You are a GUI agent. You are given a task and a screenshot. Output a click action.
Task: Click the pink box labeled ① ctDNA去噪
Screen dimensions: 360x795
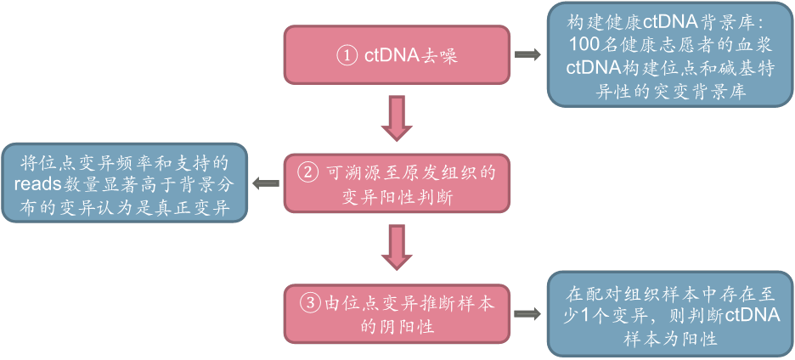397,55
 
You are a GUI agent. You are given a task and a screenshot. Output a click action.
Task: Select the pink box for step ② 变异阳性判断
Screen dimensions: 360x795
397,183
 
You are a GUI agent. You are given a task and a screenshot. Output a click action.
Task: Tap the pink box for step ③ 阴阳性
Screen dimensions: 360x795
397,313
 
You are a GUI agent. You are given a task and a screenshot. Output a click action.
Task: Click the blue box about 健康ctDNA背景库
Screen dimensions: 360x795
670,55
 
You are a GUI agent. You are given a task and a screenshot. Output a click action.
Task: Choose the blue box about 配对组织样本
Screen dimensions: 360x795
670,313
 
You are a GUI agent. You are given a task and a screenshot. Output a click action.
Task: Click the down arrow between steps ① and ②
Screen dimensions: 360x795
397,117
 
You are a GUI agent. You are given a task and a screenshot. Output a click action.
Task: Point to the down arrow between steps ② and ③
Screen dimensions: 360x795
397,246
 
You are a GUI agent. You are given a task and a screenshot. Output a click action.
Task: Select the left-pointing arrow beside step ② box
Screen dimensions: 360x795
267,183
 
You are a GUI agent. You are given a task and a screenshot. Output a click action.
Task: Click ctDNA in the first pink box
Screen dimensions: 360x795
392,55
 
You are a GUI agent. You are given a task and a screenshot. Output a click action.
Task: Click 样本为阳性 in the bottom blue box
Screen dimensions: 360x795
670,338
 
